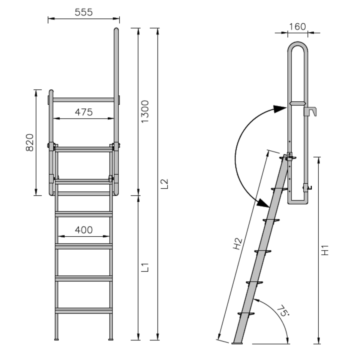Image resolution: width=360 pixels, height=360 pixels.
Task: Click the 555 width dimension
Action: pyautogui.click(x=84, y=12)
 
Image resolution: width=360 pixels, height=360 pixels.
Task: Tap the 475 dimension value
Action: pyautogui.click(x=84, y=112)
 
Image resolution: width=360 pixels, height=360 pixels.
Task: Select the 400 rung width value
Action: pyautogui.click(x=84, y=230)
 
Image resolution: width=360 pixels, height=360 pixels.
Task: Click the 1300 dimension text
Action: pyautogui.click(x=145, y=112)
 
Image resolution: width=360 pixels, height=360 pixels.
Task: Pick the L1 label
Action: pyautogui.click(x=145, y=267)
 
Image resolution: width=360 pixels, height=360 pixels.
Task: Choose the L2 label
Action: pyautogui.click(x=164, y=184)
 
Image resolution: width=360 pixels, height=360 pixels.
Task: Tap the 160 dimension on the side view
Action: pyautogui.click(x=297, y=27)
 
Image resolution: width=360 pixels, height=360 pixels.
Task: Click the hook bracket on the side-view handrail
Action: pyautogui.click(x=311, y=111)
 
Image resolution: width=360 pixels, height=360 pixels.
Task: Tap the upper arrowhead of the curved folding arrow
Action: pyautogui.click(x=280, y=108)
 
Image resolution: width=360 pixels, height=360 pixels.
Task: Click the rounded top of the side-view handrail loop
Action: pyautogui.click(x=297, y=44)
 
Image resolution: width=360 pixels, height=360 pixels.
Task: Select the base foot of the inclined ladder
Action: pyautogui.click(x=238, y=343)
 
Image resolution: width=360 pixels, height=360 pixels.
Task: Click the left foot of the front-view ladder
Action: pyautogui.click(x=56, y=340)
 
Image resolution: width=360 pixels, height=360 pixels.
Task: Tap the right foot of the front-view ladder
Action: pyautogui.click(x=111, y=340)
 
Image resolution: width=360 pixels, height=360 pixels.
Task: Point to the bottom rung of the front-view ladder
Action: pyautogui.click(x=84, y=310)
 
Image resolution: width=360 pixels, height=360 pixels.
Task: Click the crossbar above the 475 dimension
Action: pyautogui.click(x=84, y=100)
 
